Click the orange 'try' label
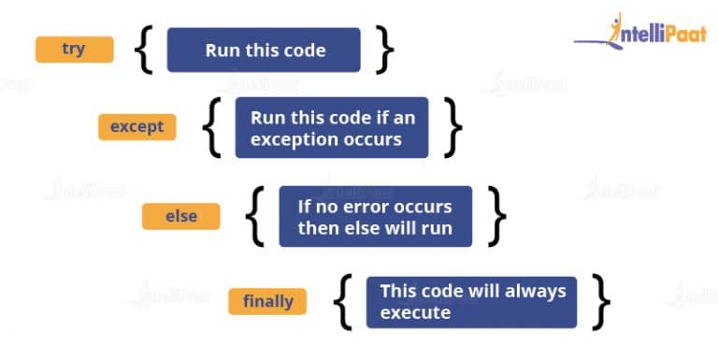pos(74,50)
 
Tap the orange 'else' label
pos(180,216)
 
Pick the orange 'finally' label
pos(268,301)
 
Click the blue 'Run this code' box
pos(264,50)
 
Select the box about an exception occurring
pos(331,128)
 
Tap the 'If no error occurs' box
pos(375,217)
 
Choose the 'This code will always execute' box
pos(471,302)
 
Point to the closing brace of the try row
pos(384,50)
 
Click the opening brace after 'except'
pos(212,128)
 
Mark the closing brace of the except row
pos(452,128)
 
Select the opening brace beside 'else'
pos(255,217)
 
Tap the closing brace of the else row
pos(496,217)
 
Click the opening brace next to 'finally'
pos(343,302)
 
